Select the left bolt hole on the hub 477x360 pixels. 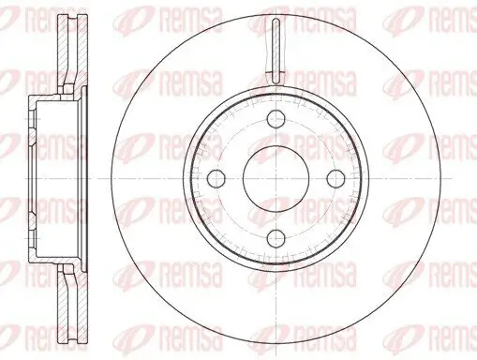click(216, 179)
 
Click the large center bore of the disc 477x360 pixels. click(276, 179)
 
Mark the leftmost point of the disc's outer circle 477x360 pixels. click(111, 179)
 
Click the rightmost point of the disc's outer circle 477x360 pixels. click(442, 179)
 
